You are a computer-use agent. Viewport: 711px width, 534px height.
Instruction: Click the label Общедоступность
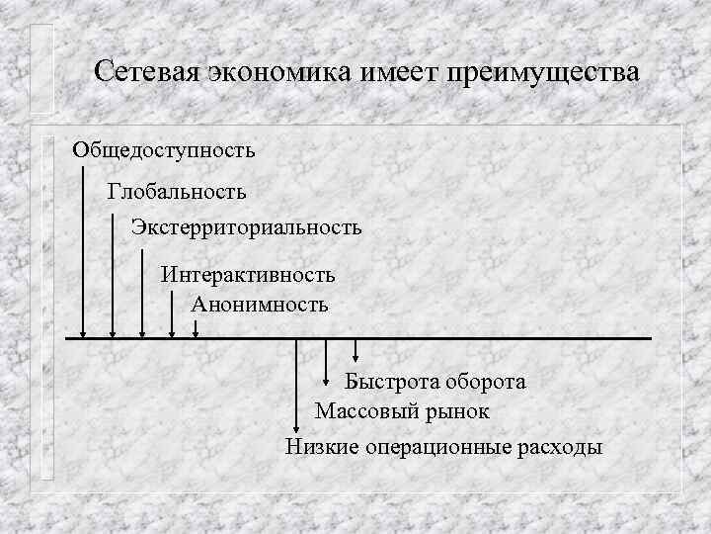pyautogui.click(x=163, y=150)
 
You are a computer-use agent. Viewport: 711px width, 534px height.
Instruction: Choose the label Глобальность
pyautogui.click(x=177, y=189)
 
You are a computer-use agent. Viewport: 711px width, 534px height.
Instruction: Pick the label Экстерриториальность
pyautogui.click(x=246, y=227)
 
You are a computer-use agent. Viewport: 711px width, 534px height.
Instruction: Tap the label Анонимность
pyautogui.click(x=259, y=305)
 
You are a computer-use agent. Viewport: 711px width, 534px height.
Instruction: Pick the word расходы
pyautogui.click(x=559, y=447)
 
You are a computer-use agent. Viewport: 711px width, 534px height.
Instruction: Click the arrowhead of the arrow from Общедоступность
pyautogui.click(x=83, y=333)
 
